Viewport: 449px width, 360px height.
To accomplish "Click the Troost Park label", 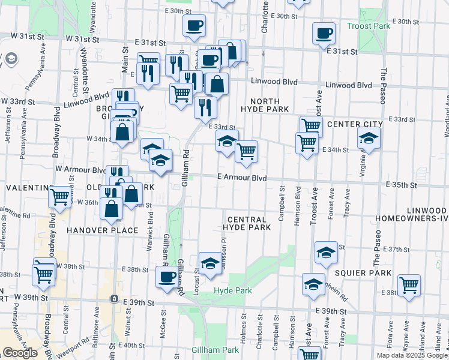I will [x=369, y=26].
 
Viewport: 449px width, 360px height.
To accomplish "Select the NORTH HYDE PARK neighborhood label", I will [x=265, y=106].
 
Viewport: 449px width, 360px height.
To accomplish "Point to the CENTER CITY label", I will [x=355, y=124].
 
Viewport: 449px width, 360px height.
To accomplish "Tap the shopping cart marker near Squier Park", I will [x=409, y=284].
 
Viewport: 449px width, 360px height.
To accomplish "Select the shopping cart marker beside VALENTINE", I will [x=59, y=196].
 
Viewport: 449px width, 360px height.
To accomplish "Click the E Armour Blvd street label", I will [x=241, y=178].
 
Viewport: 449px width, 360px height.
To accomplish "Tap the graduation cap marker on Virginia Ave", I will [x=369, y=139].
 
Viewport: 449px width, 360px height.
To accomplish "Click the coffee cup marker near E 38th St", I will [x=167, y=277].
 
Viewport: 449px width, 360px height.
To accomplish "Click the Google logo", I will [x=20, y=353].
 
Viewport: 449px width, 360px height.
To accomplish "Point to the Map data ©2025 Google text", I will [x=412, y=355].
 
